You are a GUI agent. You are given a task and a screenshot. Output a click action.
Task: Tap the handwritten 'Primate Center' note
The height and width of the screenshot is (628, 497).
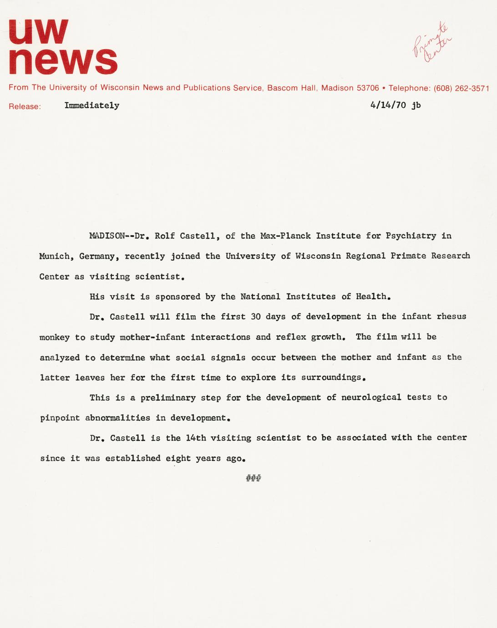coord(432,43)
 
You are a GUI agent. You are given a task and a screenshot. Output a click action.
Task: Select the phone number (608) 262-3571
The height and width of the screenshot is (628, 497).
coord(461,88)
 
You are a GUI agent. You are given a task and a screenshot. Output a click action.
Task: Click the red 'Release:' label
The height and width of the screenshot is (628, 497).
coord(25,106)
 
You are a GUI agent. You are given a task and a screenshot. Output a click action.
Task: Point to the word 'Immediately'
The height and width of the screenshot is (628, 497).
coord(92,106)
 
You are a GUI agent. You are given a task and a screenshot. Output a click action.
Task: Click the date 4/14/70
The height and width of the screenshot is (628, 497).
coord(388,105)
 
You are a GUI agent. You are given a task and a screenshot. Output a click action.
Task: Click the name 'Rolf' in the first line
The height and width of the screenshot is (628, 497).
coord(165,236)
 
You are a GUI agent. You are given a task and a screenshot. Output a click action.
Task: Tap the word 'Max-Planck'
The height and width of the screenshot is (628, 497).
coord(285,236)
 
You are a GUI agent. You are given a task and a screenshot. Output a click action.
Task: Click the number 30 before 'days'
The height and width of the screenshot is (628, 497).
coord(256,317)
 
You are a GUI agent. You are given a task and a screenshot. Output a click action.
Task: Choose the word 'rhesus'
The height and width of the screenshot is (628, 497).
coord(451,317)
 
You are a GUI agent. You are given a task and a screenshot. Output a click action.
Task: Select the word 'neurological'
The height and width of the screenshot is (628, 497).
coord(371,397)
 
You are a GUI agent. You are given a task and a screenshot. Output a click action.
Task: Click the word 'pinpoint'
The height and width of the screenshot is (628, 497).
coord(60,418)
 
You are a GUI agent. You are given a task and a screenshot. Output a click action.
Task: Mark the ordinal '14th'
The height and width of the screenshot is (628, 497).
coord(196,438)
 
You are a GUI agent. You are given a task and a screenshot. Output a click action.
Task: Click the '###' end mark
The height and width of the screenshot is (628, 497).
coord(253,478)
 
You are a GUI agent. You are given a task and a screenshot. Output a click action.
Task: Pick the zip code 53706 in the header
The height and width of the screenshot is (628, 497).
coord(367,88)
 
